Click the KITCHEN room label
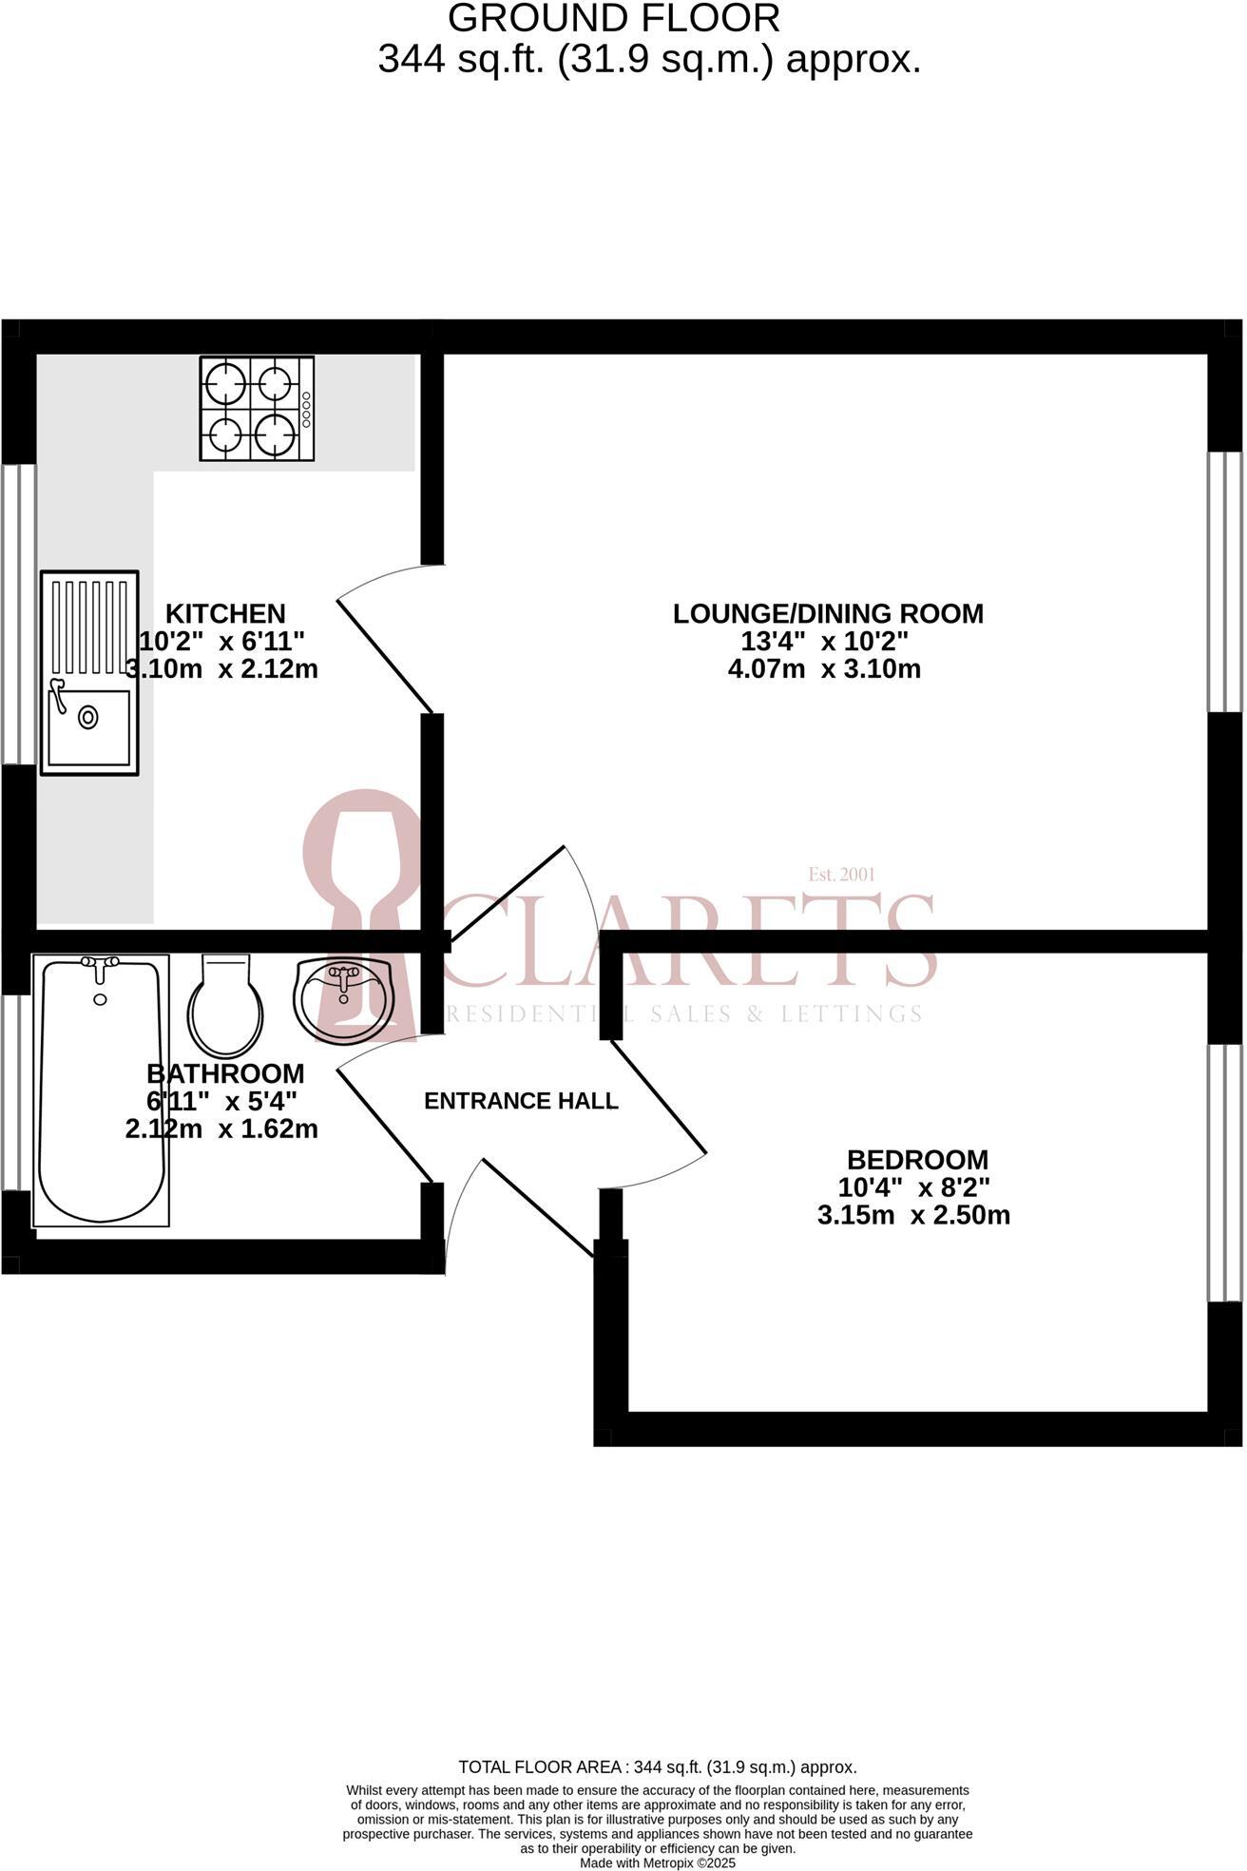[x=225, y=613]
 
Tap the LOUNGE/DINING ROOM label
[x=828, y=613]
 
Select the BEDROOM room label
[x=917, y=1160]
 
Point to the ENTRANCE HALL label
[x=521, y=1101]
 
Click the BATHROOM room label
[x=225, y=1073]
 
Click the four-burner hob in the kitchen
[x=257, y=409]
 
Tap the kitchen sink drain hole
[x=88, y=717]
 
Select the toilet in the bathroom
[x=225, y=1005]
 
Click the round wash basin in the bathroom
[x=343, y=1000]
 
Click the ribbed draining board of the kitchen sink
[x=89, y=624]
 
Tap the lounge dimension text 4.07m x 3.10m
[x=824, y=668]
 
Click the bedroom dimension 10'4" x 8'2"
[x=913, y=1187]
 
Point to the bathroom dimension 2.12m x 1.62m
[x=221, y=1128]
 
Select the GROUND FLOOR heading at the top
[x=613, y=19]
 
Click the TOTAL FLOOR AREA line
[x=658, y=1767]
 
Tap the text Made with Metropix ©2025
[x=658, y=1863]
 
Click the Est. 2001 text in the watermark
[x=841, y=874]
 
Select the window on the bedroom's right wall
[x=1225, y=1172]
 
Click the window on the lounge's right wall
[x=1225, y=581]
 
